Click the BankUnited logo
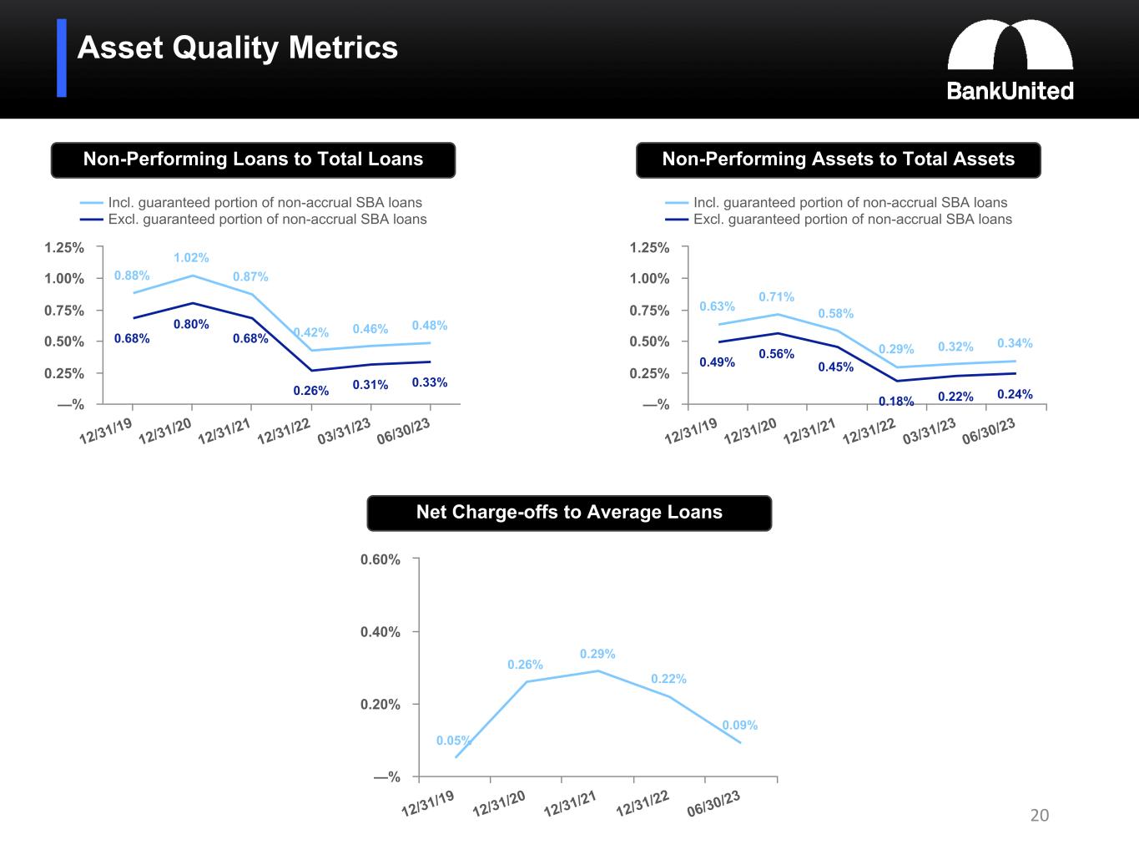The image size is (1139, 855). point(1010,61)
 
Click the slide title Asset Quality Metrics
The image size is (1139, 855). point(238,48)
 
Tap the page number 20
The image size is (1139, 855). point(1039,815)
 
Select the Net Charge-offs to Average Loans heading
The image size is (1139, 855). point(569,513)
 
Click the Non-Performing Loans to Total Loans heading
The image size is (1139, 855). point(253,159)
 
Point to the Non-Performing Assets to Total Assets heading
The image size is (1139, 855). point(838,159)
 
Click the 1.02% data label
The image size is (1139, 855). point(191,258)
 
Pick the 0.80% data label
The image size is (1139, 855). point(191,324)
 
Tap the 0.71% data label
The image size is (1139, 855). point(776,296)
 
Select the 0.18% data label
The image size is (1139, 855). point(896,402)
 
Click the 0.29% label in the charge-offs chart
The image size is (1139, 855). point(597,654)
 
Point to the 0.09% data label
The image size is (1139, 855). point(739,725)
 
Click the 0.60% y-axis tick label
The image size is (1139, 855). point(381,559)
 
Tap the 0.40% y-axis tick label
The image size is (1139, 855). point(381,632)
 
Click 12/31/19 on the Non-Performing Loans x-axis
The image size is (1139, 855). point(106,431)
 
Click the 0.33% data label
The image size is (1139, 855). point(430,382)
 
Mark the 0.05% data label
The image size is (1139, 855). point(453,741)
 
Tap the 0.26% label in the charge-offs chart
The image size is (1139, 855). point(525,665)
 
